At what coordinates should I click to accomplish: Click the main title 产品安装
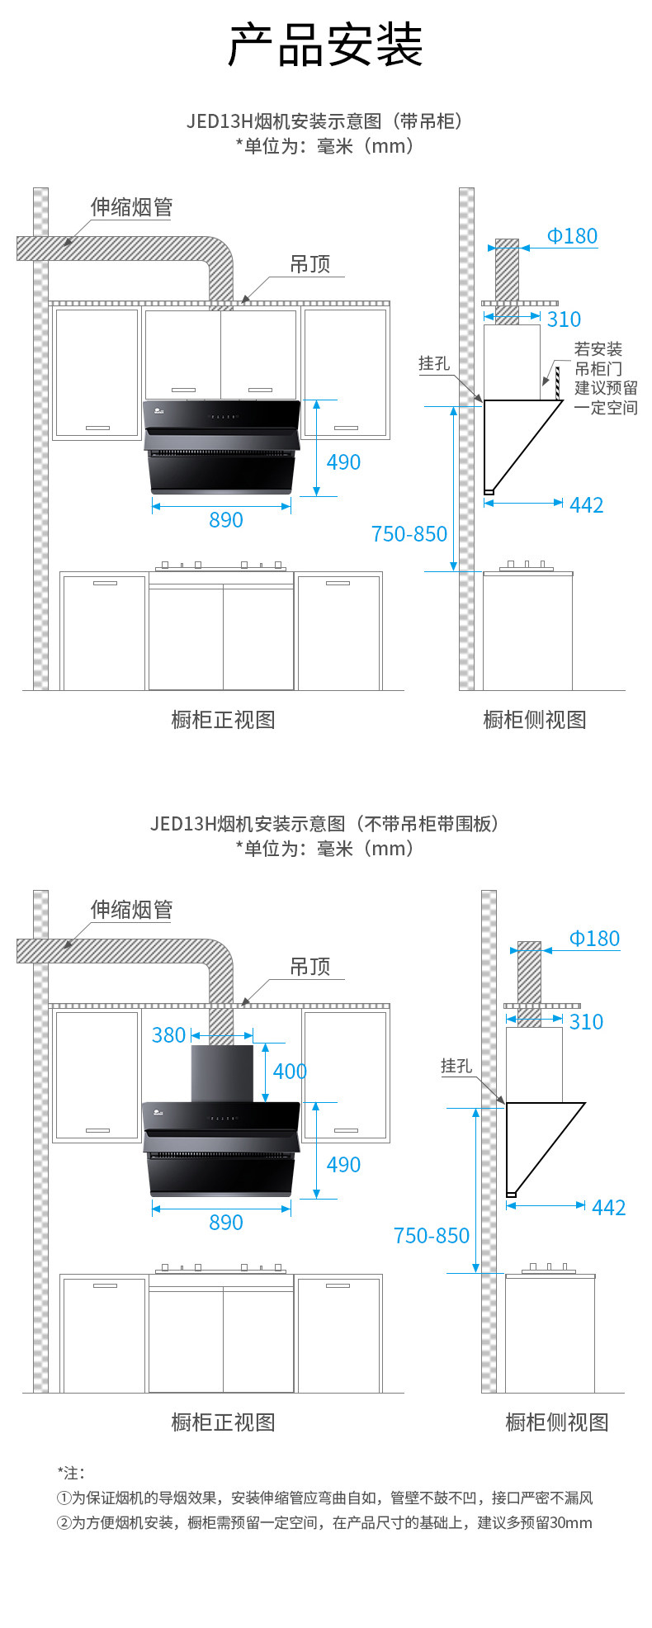[325, 45]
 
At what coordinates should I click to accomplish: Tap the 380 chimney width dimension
[168, 1034]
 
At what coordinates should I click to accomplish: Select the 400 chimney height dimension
[290, 1071]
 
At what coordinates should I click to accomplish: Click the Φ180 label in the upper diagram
[572, 236]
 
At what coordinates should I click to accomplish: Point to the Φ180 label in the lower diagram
[594, 939]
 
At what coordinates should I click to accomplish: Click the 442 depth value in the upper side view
[587, 504]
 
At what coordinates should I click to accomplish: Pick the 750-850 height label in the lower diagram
[431, 1235]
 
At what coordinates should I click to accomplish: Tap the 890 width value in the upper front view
[225, 520]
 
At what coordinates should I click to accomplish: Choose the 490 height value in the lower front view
[343, 1164]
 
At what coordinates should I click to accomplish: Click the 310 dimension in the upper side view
[564, 319]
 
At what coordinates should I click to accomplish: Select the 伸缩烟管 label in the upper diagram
[131, 207]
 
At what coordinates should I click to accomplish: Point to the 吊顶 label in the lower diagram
[309, 966]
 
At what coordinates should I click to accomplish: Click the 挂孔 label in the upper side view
[434, 363]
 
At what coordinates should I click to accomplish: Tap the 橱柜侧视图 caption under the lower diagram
[557, 1422]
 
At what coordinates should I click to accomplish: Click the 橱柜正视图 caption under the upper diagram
[223, 719]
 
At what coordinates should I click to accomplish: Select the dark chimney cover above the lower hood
[222, 1073]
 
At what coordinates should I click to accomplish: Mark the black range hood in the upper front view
[222, 446]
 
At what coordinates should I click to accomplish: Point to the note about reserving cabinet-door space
[606, 378]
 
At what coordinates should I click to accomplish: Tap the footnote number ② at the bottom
[64, 1522]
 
